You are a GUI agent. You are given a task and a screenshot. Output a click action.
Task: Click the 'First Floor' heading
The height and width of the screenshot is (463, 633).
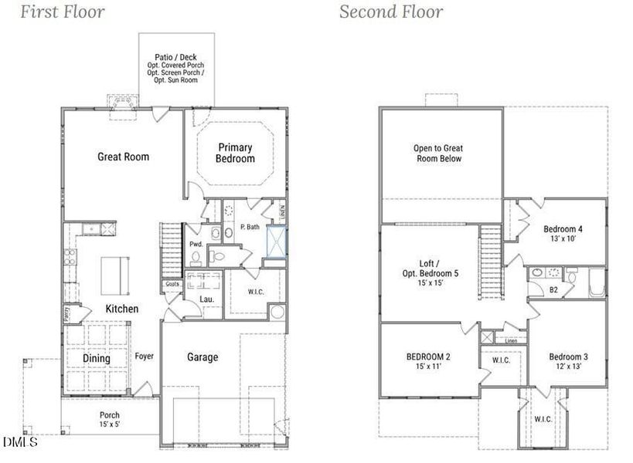[x=62, y=12]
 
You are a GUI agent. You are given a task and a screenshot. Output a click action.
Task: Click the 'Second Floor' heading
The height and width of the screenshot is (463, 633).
[x=391, y=12]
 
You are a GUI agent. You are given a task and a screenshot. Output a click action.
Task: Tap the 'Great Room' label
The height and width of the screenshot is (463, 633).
[x=123, y=157]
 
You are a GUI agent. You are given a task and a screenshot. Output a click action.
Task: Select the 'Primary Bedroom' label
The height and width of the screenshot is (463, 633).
[x=236, y=153]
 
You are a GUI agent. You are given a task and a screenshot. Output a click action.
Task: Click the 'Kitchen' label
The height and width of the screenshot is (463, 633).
[x=122, y=309]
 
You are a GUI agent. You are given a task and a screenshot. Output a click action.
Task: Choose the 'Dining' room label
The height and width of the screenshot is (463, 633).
[x=97, y=358]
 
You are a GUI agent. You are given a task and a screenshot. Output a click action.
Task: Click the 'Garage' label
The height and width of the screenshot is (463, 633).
[x=202, y=357]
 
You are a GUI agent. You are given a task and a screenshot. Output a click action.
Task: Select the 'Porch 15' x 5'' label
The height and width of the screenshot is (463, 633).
[x=110, y=420]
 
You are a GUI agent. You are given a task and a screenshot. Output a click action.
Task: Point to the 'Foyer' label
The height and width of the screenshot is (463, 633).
[x=145, y=357]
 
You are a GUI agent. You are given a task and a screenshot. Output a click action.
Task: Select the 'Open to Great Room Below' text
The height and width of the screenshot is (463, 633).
[x=437, y=154]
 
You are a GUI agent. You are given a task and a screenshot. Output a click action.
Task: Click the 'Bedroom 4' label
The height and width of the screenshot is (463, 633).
[x=563, y=234]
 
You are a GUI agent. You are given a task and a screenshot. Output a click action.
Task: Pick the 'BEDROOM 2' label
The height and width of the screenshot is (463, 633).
[x=428, y=361]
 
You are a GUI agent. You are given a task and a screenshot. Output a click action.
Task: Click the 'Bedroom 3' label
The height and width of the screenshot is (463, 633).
[x=568, y=361]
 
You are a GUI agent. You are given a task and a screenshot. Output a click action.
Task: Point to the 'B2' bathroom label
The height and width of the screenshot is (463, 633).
[x=553, y=290]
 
